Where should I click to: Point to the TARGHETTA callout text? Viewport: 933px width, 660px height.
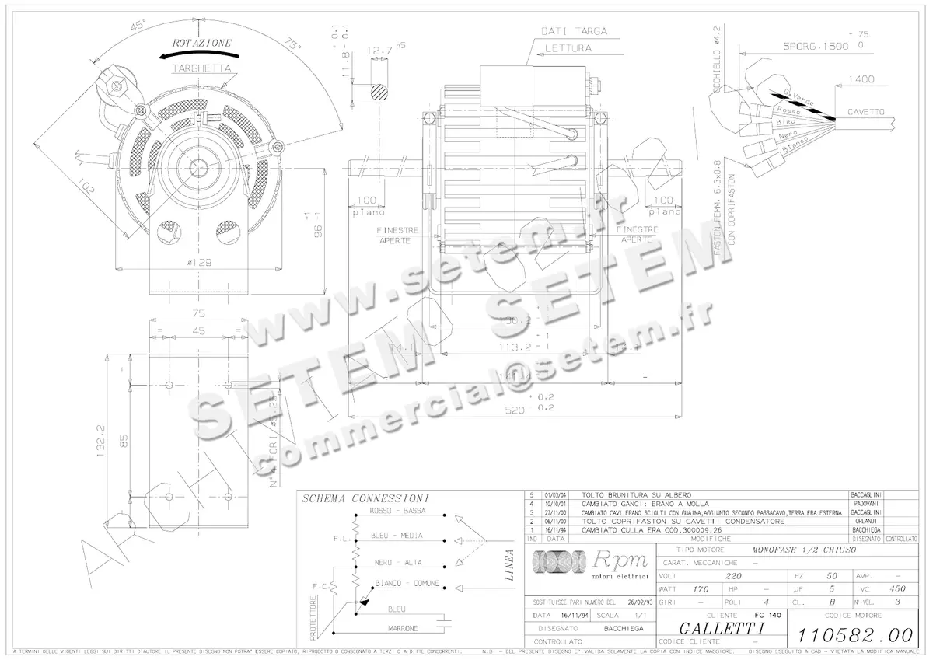201,68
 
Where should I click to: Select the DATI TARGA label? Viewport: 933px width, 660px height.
575,31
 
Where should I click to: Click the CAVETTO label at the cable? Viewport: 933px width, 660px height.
865,112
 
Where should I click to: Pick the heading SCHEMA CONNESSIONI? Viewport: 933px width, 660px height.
367,498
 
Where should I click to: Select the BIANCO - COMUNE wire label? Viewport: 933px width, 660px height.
406,582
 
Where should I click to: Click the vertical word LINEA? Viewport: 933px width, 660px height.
509,566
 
